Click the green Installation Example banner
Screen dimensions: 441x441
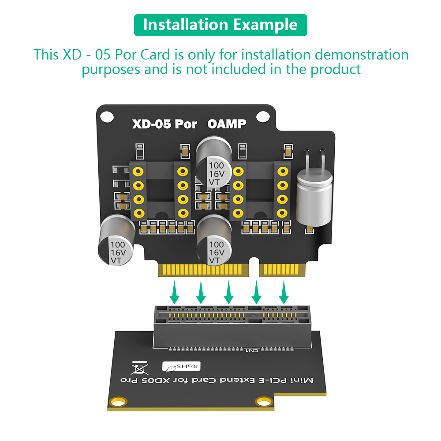[220, 25]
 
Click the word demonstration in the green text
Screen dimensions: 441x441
[362, 55]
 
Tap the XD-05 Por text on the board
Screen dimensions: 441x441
[164, 124]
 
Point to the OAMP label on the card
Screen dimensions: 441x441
[227, 124]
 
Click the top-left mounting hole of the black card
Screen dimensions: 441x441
[107, 117]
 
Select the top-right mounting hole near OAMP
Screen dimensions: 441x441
[263, 116]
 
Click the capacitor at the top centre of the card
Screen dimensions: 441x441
[214, 162]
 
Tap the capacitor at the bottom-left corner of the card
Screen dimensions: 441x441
[116, 240]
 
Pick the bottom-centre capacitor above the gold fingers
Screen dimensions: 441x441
[214, 240]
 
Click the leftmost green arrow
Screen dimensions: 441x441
[174, 292]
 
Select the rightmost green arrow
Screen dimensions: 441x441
[284, 292]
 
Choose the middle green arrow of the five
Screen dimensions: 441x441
[228, 292]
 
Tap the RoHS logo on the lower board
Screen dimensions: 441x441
[181, 366]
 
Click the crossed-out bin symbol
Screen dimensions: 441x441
[139, 368]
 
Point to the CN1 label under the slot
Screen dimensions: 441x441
[252, 351]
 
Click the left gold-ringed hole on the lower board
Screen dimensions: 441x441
[118, 402]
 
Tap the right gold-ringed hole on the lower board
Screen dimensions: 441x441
[264, 402]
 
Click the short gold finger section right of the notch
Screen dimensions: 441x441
[282, 270]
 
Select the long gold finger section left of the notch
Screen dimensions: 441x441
[203, 270]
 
